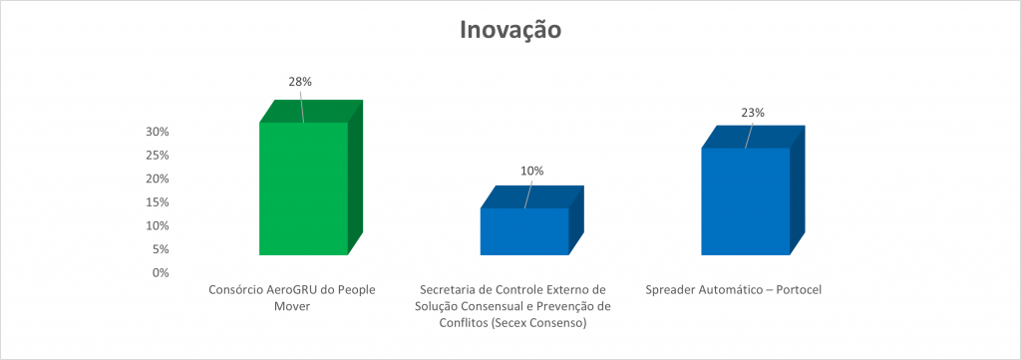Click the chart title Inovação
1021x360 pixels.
[x=510, y=31]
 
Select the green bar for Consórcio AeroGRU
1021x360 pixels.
[x=303, y=188]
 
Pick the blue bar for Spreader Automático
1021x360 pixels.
[x=746, y=201]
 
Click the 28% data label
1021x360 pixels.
[x=300, y=82]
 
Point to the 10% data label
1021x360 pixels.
[x=532, y=172]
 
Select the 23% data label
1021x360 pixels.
[x=753, y=113]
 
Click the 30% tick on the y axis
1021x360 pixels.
[x=157, y=132]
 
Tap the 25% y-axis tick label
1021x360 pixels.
[x=157, y=155]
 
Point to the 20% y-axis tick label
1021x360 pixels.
[x=157, y=179]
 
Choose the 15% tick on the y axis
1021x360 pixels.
[x=157, y=201]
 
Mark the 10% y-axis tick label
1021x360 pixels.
[x=157, y=225]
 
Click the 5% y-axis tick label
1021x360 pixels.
[x=160, y=248]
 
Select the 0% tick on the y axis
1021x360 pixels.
[x=160, y=272]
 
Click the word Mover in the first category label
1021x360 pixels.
[x=292, y=306]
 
